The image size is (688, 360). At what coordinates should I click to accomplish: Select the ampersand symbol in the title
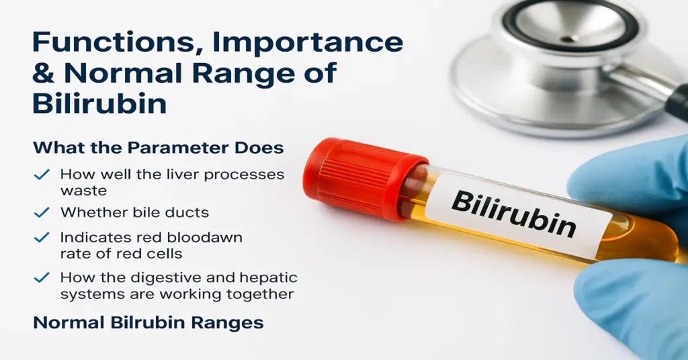(x=46, y=73)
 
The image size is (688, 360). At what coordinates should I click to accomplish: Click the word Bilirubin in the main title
(x=99, y=104)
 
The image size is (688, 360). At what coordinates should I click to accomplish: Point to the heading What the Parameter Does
(x=159, y=147)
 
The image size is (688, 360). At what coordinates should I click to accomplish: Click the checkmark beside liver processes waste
(x=42, y=175)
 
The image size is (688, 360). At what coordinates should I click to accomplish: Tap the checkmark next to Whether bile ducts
(x=42, y=212)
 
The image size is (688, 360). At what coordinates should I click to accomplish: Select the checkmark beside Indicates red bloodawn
(x=42, y=238)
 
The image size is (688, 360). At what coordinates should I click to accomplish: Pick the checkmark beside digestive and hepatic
(x=42, y=277)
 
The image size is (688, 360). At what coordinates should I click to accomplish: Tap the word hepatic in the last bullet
(x=269, y=277)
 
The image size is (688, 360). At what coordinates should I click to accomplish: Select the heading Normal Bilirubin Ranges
(x=148, y=322)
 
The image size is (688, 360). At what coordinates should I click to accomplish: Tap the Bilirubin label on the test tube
(x=514, y=213)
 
